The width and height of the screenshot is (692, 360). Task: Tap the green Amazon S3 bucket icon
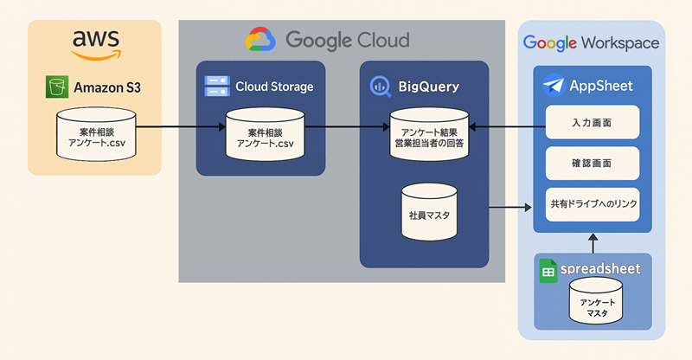[x=57, y=87]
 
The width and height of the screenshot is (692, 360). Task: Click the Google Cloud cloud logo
[x=260, y=40]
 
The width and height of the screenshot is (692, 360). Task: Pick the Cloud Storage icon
[x=216, y=86]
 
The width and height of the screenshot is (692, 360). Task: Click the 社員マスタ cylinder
[x=428, y=212]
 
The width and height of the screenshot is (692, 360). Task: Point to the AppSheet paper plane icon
[x=554, y=86]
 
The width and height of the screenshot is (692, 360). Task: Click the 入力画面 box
[x=593, y=123]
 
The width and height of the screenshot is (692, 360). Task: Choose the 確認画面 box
[x=593, y=163]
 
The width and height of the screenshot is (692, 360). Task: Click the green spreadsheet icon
[x=548, y=270]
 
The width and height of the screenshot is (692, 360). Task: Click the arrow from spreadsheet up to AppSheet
[x=593, y=244]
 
